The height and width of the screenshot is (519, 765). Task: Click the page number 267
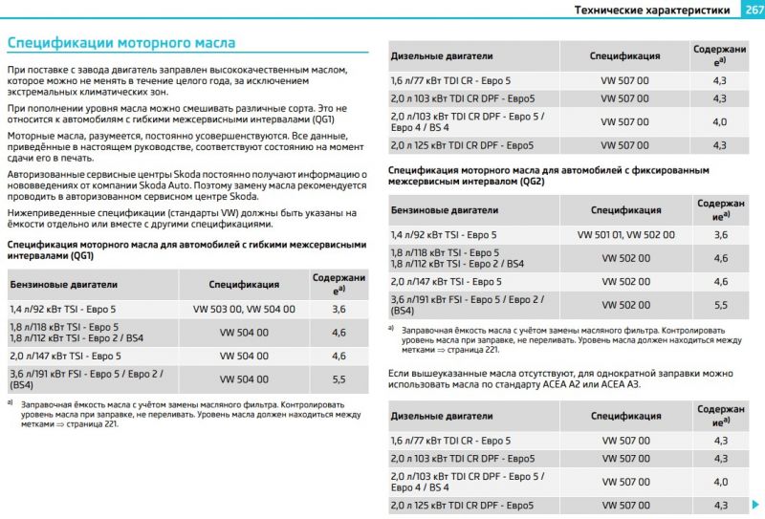click(x=751, y=10)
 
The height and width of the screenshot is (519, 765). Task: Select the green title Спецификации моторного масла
click(x=120, y=43)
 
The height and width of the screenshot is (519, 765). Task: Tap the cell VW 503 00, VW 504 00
click(x=244, y=309)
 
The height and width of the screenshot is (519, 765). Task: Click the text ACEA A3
click(x=619, y=383)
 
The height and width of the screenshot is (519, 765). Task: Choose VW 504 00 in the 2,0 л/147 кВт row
click(x=244, y=356)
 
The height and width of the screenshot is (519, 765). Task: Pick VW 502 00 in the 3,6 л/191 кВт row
click(x=626, y=304)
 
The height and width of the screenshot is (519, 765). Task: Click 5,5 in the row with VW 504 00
click(x=339, y=378)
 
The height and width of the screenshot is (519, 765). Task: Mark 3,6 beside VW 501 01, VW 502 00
click(x=721, y=233)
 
